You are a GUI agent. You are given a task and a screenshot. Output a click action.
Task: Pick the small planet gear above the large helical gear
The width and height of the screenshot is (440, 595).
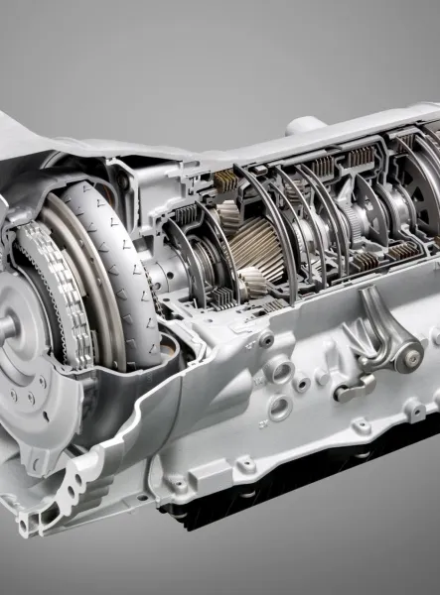tap(227, 214)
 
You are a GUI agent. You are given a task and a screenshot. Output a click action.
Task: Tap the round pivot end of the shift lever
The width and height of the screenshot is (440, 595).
tap(408, 357)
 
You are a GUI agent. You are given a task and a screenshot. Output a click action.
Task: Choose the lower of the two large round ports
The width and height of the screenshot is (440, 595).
tap(278, 407)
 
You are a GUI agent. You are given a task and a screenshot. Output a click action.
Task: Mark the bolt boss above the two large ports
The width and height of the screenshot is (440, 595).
tap(266, 340)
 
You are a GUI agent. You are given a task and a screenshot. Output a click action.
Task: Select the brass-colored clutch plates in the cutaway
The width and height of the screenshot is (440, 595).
tap(226, 180)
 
